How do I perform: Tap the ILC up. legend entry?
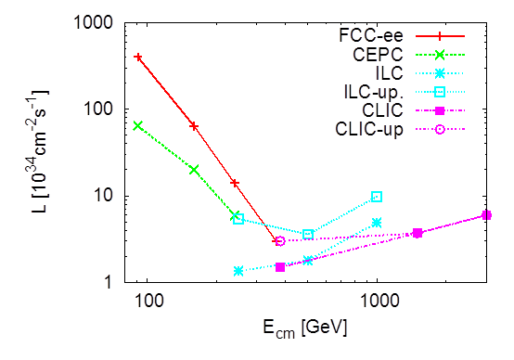pyautogui.click(x=373, y=91)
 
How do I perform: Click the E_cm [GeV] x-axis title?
pyautogui.click(x=304, y=328)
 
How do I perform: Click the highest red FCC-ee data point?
pyautogui.click(x=138, y=58)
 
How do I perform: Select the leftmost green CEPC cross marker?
pyautogui.click(x=138, y=125)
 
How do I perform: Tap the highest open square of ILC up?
pyautogui.click(x=377, y=197)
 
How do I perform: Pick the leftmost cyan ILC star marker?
pyautogui.click(x=238, y=271)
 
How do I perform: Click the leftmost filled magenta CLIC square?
pyautogui.click(x=280, y=267)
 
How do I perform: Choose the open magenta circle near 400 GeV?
pyautogui.click(x=280, y=241)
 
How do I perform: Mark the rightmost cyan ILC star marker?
pyautogui.click(x=377, y=223)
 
